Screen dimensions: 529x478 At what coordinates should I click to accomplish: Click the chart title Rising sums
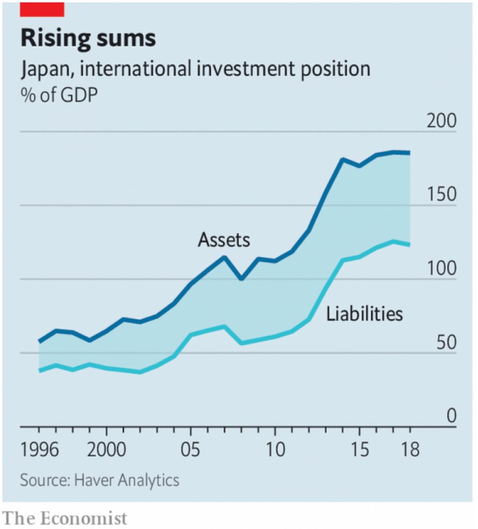coord(88,39)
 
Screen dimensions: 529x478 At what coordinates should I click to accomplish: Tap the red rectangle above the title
coord(42,9)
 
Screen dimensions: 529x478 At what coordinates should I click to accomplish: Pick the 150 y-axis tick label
coord(441,195)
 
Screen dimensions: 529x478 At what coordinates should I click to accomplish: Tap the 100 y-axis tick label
coord(441,269)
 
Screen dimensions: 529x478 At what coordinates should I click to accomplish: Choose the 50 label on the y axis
coord(446,343)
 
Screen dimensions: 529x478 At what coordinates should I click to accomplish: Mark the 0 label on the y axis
coord(452,416)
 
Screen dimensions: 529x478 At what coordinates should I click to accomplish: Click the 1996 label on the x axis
coord(40,450)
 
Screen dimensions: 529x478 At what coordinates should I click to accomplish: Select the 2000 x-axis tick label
coord(107,450)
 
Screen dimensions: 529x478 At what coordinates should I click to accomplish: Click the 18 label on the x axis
coord(409,450)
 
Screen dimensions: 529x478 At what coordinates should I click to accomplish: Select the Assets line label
coord(223,240)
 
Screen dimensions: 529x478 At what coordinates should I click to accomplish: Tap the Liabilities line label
coord(364,314)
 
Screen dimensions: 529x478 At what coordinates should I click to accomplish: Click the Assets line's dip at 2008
coord(241,279)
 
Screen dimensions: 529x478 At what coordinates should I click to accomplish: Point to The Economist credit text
coord(65,518)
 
